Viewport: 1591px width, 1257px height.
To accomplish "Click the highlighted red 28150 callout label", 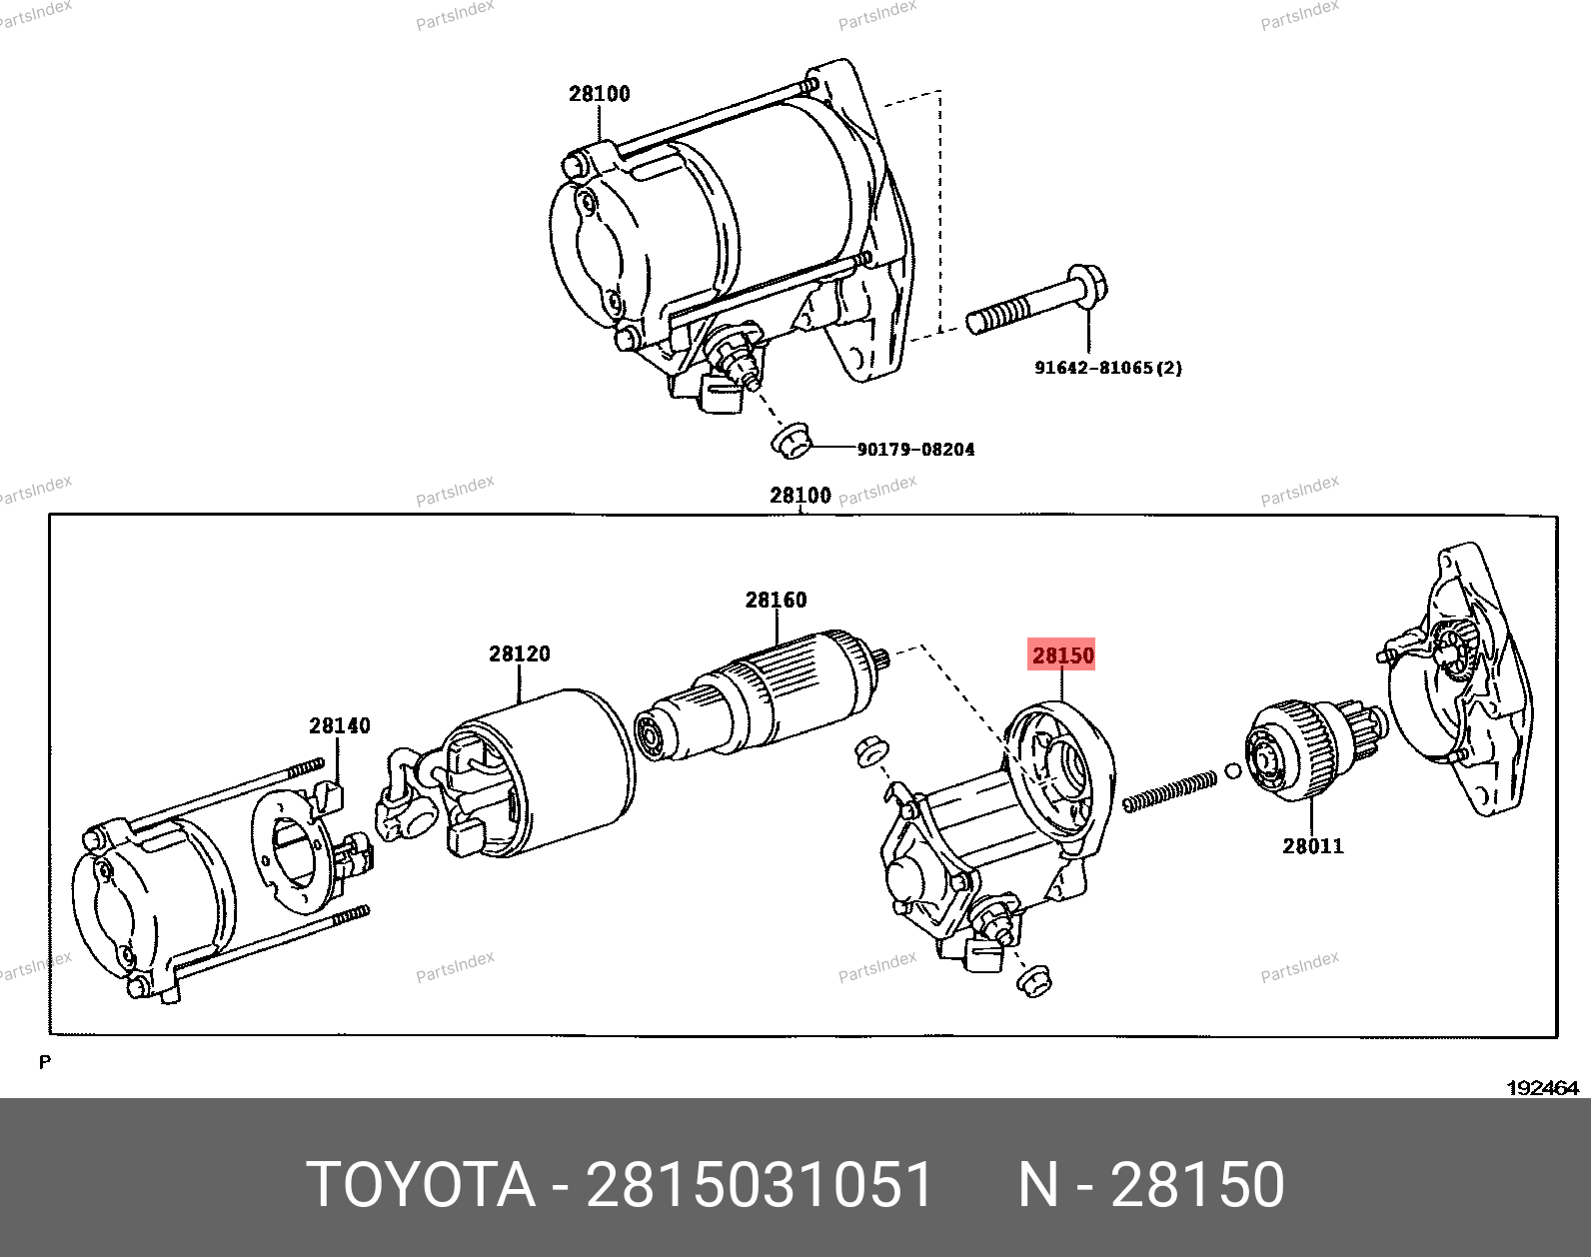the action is click(1061, 654).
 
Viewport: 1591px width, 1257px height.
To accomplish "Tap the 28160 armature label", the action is click(776, 600).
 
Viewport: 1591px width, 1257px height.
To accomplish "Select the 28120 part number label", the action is click(519, 653).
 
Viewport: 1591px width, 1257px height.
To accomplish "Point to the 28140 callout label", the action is click(340, 725).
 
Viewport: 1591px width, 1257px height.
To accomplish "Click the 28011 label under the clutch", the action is click(1313, 846).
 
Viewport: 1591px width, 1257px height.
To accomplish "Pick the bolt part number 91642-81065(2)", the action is click(1108, 368).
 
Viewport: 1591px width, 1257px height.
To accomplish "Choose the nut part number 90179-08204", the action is click(916, 449).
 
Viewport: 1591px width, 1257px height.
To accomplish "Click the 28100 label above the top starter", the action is click(600, 94).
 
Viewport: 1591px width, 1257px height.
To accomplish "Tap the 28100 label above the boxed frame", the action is click(800, 495).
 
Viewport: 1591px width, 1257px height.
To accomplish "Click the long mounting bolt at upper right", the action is click(1036, 301).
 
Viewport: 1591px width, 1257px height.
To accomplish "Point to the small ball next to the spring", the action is click(1233, 771).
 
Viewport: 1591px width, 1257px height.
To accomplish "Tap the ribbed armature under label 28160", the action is click(762, 695).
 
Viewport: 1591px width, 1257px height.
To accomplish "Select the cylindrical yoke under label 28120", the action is click(540, 773).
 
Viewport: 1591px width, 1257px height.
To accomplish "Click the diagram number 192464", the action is click(1542, 1088).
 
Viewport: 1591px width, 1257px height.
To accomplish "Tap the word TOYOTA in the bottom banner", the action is click(421, 1184).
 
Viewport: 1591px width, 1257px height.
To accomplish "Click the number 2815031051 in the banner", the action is click(760, 1184).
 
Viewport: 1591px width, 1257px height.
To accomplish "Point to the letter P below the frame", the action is click(45, 1062).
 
